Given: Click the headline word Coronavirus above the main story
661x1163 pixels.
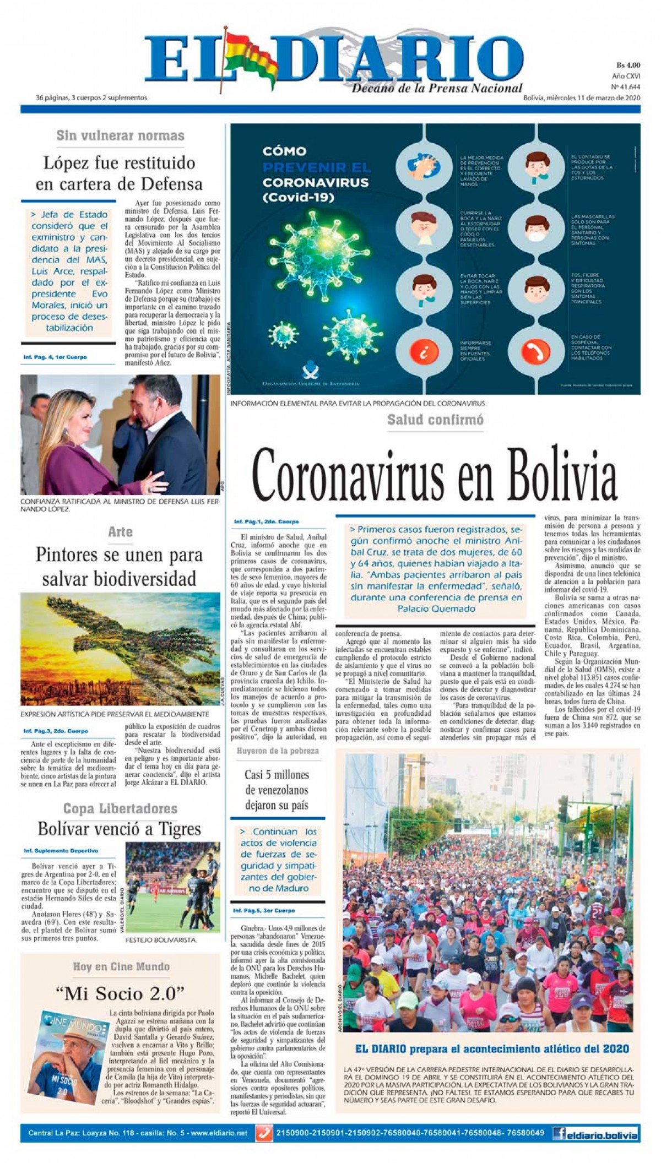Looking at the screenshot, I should (349, 474).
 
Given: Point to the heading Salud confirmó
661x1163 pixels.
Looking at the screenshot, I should (435, 420).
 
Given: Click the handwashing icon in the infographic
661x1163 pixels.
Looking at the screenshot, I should (424, 165).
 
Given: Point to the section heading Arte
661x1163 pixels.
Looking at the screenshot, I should (120, 532).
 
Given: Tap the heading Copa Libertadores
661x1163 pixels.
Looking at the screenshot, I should (120, 808).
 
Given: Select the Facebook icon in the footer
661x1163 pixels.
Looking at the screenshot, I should (559, 1133).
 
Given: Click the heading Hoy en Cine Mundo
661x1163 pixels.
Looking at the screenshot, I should (121, 966).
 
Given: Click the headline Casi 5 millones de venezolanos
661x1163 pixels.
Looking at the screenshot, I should (277, 790).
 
